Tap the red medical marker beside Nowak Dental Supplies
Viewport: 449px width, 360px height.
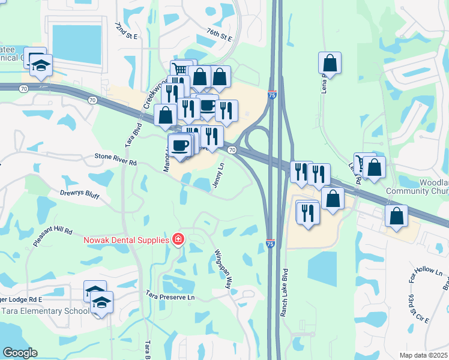tap(177, 240)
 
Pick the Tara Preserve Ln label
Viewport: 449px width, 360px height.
tap(171, 296)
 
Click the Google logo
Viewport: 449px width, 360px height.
tap(20, 353)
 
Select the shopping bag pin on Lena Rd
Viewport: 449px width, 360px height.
tap(330, 62)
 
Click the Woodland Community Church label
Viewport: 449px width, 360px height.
tap(417, 187)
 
